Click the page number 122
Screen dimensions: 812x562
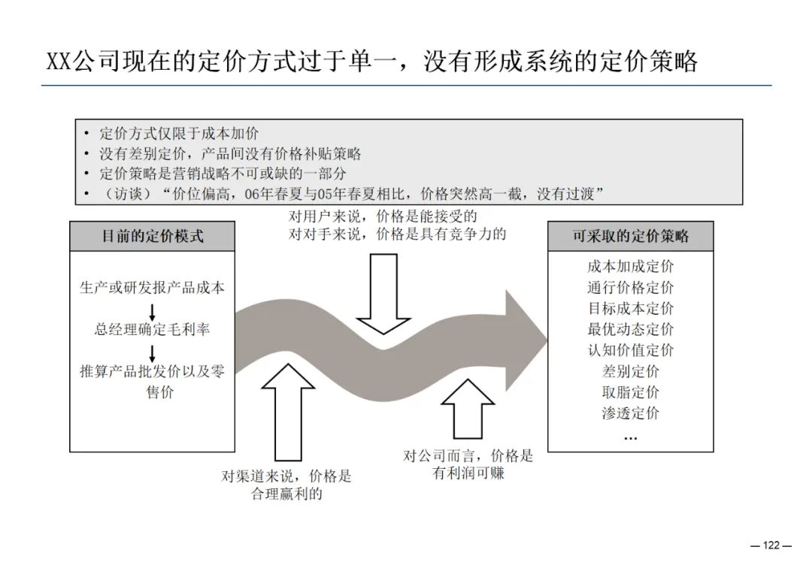tap(771, 545)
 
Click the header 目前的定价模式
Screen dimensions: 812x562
tap(153, 236)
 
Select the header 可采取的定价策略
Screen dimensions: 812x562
tap(630, 236)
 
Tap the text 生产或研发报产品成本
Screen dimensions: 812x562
tap(153, 288)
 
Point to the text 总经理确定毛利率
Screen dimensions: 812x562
tap(153, 329)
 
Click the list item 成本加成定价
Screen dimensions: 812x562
tap(630, 267)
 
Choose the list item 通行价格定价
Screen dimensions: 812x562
tap(630, 288)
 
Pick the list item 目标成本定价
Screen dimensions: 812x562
tap(630, 309)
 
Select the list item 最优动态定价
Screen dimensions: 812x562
tap(630, 329)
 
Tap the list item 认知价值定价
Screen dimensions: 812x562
tap(630, 350)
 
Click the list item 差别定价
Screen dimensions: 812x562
tap(630, 371)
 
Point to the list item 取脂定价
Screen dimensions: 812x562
tap(630, 392)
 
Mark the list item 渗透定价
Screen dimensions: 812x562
tap(630, 413)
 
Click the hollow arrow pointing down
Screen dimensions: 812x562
tap(383, 293)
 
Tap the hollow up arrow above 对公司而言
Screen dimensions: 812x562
tap(468, 409)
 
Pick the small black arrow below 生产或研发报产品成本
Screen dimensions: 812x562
tap(153, 310)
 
